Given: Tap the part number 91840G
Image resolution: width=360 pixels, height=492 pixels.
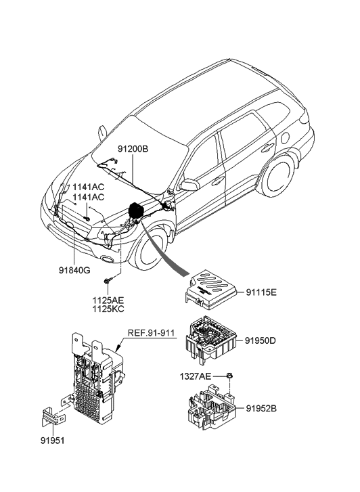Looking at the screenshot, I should (x=74, y=270).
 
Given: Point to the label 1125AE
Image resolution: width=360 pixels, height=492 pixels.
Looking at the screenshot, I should (x=107, y=298).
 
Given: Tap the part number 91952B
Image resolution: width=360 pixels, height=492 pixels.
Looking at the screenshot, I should (x=260, y=408).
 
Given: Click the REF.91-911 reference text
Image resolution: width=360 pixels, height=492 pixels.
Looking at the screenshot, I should (x=152, y=333).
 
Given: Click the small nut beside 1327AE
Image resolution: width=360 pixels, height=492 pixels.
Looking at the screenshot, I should (x=230, y=376).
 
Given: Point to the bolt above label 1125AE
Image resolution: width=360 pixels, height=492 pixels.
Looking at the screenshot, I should (x=107, y=280).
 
